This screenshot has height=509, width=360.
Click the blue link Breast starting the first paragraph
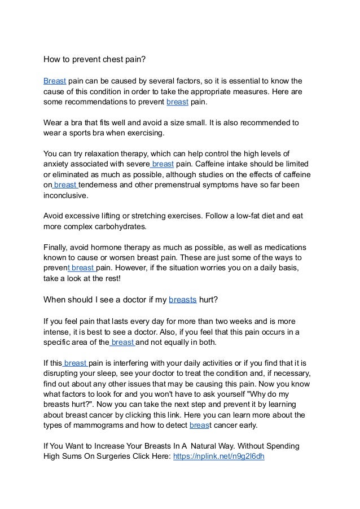55,80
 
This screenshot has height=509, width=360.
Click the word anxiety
59,165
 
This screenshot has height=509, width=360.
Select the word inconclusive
66,196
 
